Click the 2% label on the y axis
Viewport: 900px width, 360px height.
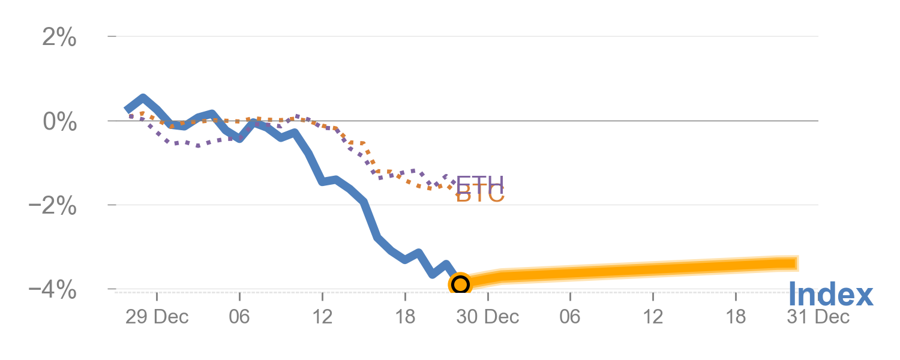click(59, 38)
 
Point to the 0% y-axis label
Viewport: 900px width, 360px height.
click(59, 122)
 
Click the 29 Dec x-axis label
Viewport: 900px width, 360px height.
click(157, 317)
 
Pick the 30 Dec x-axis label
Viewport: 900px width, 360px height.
click(487, 317)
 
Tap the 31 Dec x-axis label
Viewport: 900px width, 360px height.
click(818, 317)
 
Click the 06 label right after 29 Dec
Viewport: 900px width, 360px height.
click(239, 317)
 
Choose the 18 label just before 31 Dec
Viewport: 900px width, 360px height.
click(736, 317)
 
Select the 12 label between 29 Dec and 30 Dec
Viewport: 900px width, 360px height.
click(322, 317)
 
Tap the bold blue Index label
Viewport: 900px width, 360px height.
click(830, 295)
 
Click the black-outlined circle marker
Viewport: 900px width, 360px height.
click(460, 284)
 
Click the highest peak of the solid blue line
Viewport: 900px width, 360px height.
click(142, 98)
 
